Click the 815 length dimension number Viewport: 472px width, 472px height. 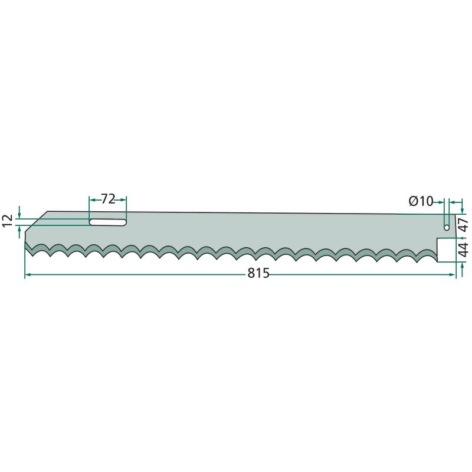coord(258,273)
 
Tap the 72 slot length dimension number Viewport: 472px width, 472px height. coord(108,199)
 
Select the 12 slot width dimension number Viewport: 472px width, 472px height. coord(8,221)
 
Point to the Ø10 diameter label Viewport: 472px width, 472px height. coord(421,201)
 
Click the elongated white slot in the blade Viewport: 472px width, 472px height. coord(108,222)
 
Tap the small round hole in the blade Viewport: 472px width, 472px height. coord(447,227)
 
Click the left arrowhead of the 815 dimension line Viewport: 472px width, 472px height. coord(28,274)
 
